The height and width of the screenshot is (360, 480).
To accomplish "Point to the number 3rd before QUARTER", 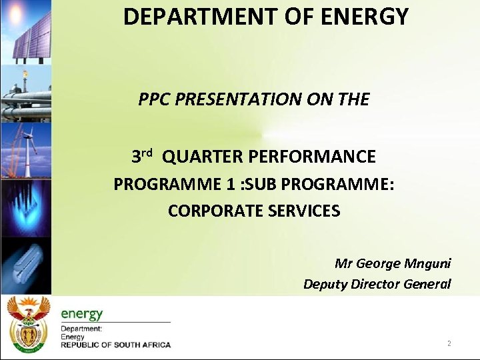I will click(142, 157).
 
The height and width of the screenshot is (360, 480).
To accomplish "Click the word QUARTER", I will click(202, 157).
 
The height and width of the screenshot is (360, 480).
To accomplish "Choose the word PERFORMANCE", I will click(312, 157).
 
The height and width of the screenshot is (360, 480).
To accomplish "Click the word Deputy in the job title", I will click(325, 284).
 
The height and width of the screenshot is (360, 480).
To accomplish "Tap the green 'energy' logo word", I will click(81, 313).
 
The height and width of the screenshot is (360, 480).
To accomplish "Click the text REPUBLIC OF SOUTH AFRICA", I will click(115, 345).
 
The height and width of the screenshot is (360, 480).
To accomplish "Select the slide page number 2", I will click(449, 344).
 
